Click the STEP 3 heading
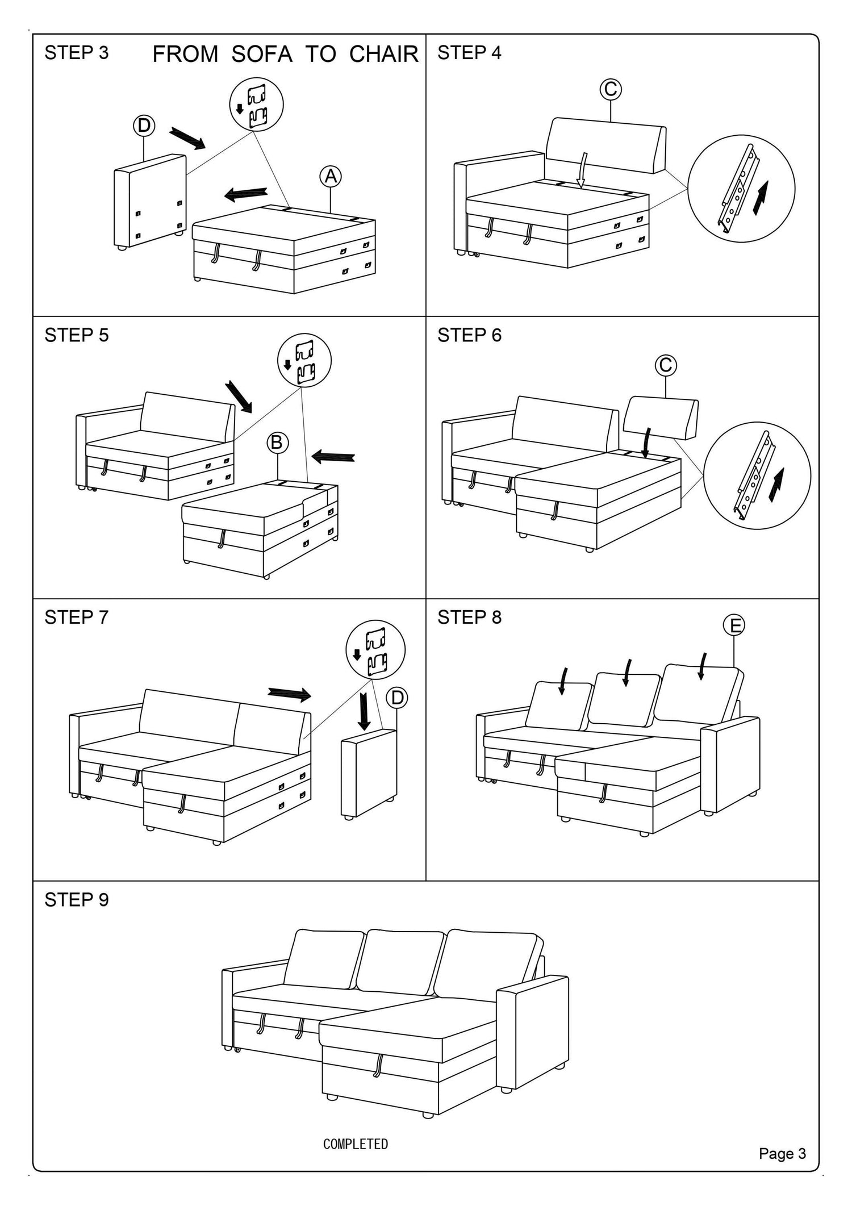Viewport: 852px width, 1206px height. tap(76, 53)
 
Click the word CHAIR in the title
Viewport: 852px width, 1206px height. tap(383, 55)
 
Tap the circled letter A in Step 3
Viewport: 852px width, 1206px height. tap(331, 177)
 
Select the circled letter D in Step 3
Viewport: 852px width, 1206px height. tap(144, 126)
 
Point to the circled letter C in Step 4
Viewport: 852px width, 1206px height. tap(611, 89)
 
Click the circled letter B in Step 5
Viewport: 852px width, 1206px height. tap(277, 442)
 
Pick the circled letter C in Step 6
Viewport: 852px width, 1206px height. tap(666, 365)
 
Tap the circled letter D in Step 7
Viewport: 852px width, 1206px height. tap(397, 698)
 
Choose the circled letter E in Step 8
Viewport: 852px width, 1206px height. tap(734, 625)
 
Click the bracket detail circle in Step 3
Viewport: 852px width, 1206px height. tap(256, 105)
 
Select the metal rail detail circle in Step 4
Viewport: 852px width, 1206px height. tap(741, 189)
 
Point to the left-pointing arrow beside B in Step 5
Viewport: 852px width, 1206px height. tap(333, 456)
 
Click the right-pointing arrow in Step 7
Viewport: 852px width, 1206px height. tap(290, 694)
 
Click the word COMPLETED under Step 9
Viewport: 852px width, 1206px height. tap(356, 1145)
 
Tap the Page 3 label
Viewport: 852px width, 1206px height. tap(782, 1154)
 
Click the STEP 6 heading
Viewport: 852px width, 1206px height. tap(469, 335)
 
